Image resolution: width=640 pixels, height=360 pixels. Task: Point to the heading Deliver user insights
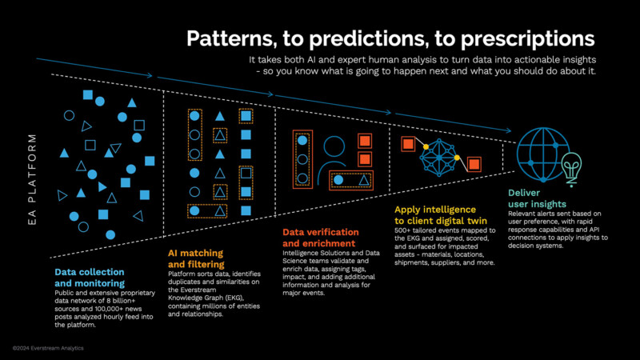click(542, 198)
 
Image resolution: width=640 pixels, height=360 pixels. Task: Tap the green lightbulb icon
click(571, 167)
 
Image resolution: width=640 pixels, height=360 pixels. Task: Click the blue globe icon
click(542, 150)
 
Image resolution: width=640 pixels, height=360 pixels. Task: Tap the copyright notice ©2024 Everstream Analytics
click(48, 349)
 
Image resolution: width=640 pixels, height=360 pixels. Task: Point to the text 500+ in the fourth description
click(404, 230)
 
